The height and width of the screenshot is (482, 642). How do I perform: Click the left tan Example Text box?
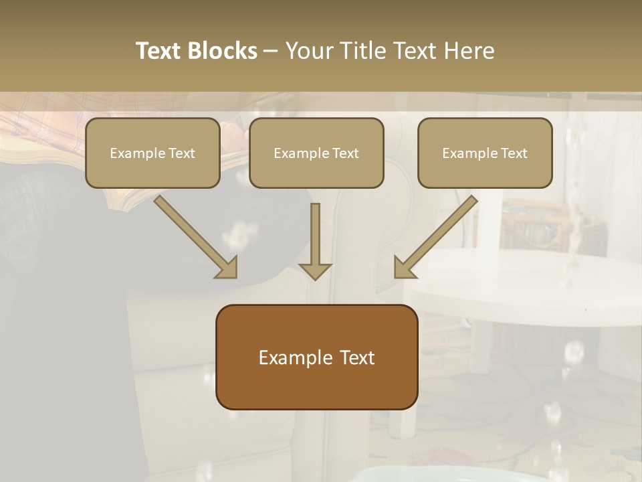[x=152, y=153]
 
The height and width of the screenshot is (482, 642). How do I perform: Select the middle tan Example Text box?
[x=316, y=153]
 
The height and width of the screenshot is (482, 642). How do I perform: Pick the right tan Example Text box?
[x=485, y=153]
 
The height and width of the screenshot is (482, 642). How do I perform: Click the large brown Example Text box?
[x=316, y=357]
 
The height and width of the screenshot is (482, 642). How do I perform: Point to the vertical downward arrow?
[x=315, y=241]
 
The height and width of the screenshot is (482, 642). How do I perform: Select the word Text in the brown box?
[x=358, y=357]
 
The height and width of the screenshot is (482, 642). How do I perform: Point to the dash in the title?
[x=271, y=51]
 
